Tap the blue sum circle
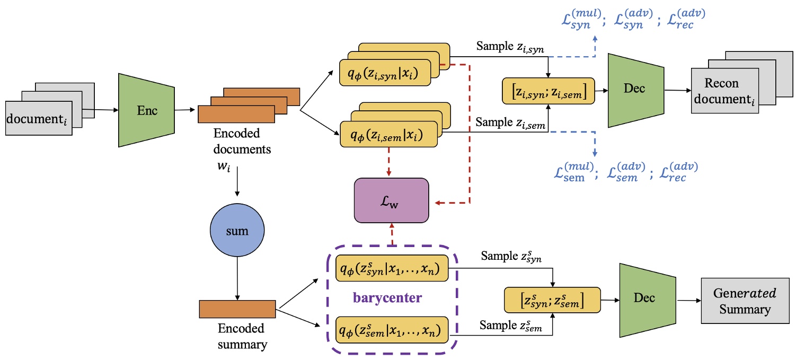[237, 232]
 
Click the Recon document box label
[725, 92]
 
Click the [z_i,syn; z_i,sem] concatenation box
[547, 91]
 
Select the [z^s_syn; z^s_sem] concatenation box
[553, 301]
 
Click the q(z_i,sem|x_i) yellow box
[388, 134]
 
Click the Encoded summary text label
[241, 336]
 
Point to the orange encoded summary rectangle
[237, 309]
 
